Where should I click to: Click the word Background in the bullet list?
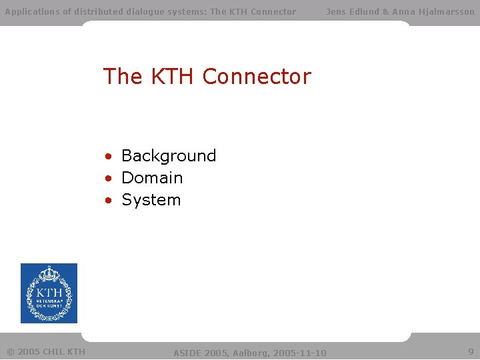[169, 156]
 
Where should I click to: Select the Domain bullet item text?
[152, 178]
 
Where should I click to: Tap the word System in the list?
[151, 200]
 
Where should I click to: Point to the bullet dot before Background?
[108, 157]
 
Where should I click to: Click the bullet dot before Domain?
[108, 179]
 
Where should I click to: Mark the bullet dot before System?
[108, 201]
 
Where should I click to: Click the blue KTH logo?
[49, 293]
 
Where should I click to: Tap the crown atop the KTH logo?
[49, 273]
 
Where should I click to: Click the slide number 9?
[471, 351]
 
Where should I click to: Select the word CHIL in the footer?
[54, 351]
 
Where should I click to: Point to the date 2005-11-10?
[299, 352]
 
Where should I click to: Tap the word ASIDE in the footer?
[186, 352]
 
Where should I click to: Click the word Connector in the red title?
[257, 77]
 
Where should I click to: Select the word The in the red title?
[123, 77]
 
